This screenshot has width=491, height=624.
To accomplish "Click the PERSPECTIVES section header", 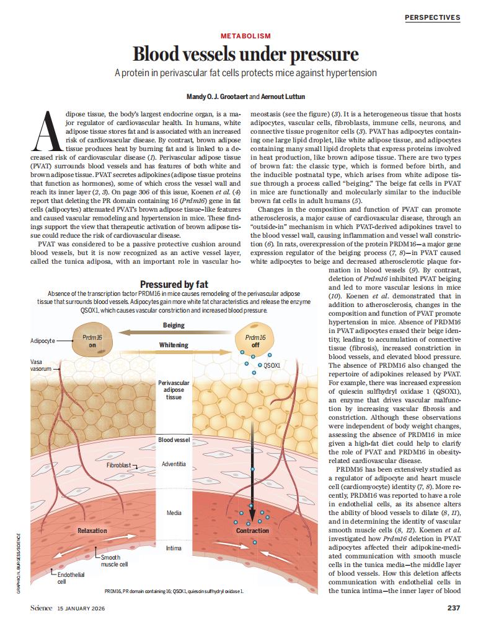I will [432, 17].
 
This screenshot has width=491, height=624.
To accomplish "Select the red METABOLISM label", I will [245, 37].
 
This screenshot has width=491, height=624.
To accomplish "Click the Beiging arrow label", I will [173, 325].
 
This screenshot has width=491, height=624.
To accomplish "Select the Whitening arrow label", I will [173, 345].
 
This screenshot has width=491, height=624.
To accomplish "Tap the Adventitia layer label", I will [174, 464].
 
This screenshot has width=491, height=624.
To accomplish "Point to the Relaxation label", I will [92, 531].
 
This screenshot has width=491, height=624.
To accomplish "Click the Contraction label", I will [252, 531].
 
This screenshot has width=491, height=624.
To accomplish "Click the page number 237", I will [453, 607].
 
